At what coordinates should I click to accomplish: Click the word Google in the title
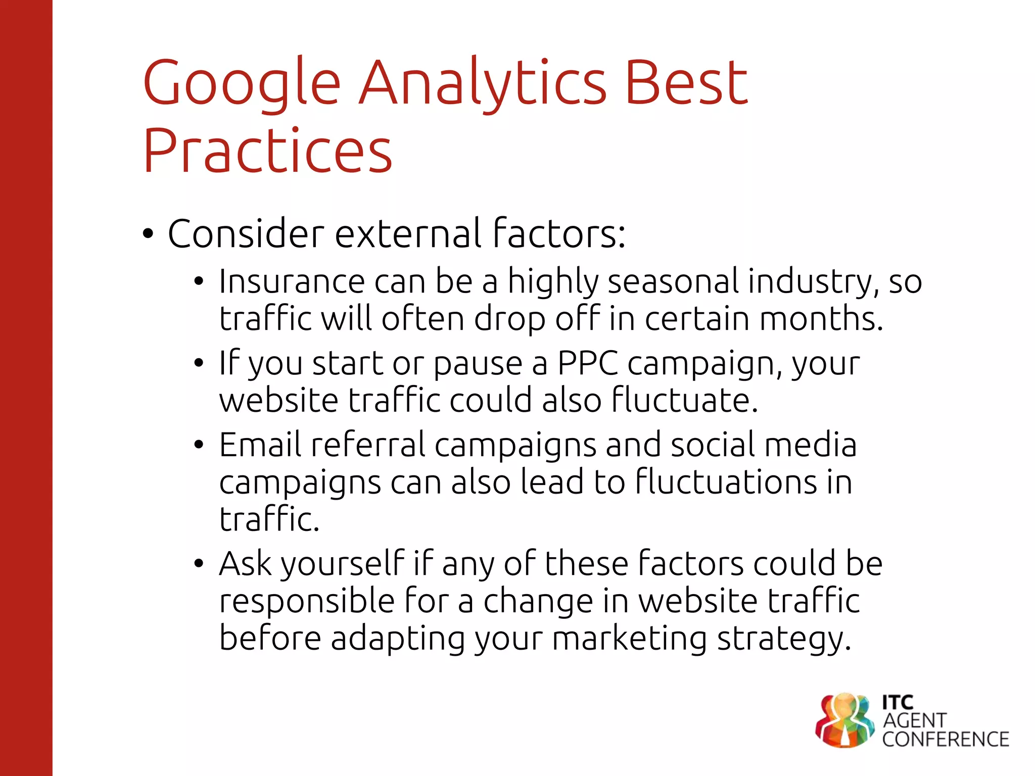[x=242, y=83]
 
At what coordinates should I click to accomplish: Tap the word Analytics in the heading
[x=482, y=83]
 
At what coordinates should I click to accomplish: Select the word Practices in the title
[x=267, y=152]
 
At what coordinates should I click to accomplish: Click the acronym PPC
[x=588, y=363]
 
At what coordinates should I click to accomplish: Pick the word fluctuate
[x=685, y=400]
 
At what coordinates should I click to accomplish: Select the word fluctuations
[x=725, y=482]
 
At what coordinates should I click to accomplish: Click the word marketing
[x=630, y=639]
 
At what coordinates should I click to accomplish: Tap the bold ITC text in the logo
[x=898, y=702]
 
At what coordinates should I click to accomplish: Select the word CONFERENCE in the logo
[x=946, y=740]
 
